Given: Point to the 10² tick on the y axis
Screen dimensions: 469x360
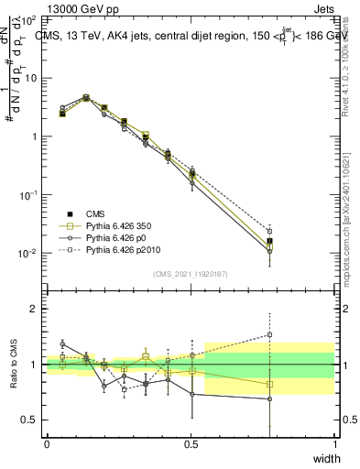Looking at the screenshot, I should coord(29,19).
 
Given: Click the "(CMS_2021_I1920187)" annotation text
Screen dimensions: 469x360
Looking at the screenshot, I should coord(190,274).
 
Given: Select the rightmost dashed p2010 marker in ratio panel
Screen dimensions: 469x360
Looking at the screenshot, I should coord(269,335).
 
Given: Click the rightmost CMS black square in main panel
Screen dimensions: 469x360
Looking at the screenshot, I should coord(269,241).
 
